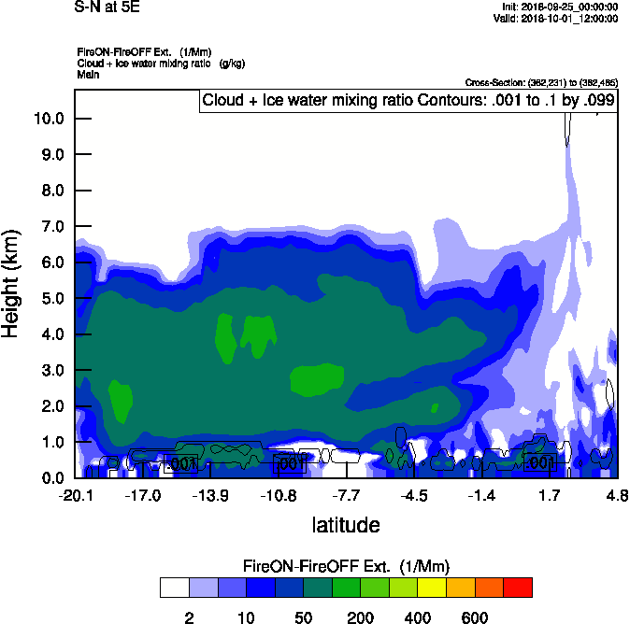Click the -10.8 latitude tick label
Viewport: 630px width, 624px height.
pos(279,493)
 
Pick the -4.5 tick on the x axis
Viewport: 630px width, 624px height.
pos(416,493)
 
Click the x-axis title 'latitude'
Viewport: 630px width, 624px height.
pos(346,525)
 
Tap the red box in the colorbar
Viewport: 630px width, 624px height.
pos(518,588)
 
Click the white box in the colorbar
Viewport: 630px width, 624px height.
pos(175,588)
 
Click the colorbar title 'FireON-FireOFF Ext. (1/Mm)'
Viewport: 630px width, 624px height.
pos(347,566)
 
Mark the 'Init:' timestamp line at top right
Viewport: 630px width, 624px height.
pos(559,7)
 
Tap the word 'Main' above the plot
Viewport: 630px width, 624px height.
pos(88,74)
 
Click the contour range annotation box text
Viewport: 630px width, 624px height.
pos(408,101)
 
